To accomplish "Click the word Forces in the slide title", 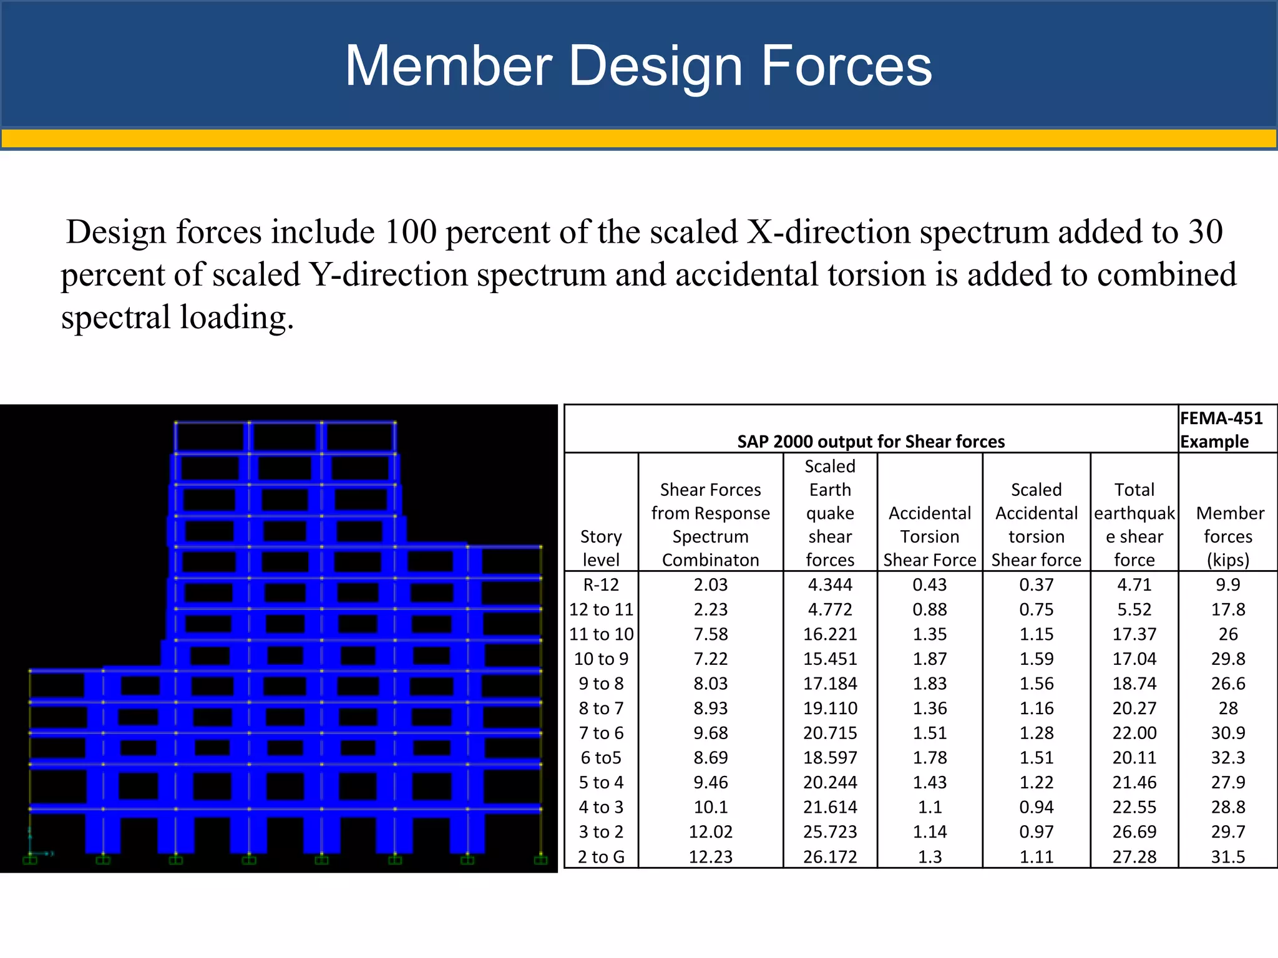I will point(846,66).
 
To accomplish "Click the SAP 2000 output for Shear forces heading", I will point(871,442).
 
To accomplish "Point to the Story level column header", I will point(601,548).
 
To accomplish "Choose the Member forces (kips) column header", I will point(1228,536).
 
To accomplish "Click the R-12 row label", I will point(601,585).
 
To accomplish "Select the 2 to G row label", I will point(601,857).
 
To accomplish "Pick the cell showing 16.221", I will point(830,634).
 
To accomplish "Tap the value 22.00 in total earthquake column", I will point(1134,733).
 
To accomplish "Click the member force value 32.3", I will point(1227,758).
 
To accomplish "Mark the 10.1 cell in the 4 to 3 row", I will point(711,807).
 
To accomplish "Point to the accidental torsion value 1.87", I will point(930,659).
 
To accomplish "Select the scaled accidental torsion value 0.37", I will point(1036,585).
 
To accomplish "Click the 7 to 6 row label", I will point(601,733).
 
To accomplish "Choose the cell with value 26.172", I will point(830,857).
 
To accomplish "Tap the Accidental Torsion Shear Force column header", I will point(930,536).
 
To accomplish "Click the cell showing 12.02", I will point(711,832).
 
